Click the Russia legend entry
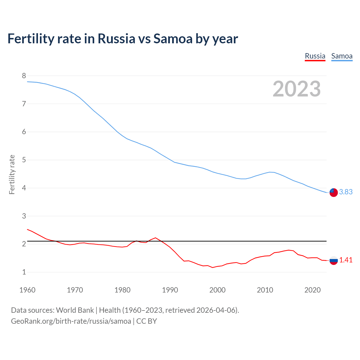pos(315,56)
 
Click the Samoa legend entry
pos(342,56)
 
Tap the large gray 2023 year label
pos(297,89)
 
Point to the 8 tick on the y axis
pos(24,76)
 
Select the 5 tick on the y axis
pos(24,160)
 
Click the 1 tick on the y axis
pos(24,272)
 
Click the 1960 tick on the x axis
pos(27,290)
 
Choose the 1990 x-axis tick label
pos(170,290)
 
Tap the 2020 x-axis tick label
pos(312,290)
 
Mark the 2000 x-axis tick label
pos(217,290)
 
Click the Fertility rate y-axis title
pos(12,174)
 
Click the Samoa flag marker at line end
pos(334,193)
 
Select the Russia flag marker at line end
pos(334,260)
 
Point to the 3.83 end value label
pos(346,192)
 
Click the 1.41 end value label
pos(346,260)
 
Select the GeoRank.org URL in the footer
pos(71,321)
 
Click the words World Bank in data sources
pos(75,310)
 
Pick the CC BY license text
pos(147,321)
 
